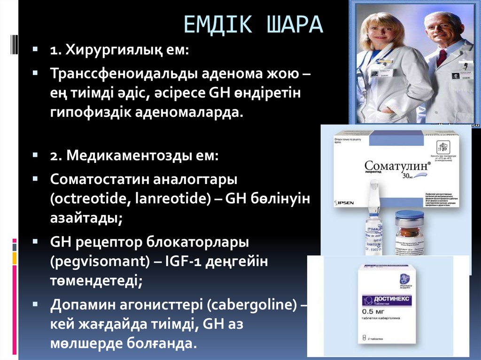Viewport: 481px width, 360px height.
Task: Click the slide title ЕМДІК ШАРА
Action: pyautogui.click(x=253, y=25)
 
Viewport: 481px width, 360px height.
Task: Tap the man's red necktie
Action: pyautogui.click(x=442, y=58)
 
